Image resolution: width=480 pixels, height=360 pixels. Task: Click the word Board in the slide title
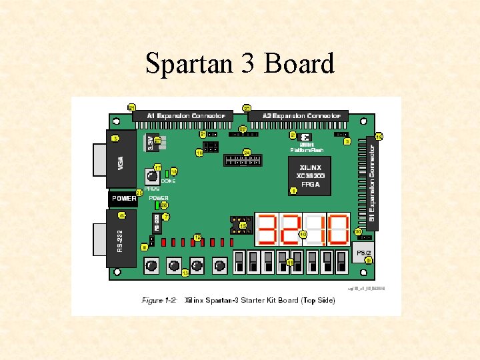point(299,65)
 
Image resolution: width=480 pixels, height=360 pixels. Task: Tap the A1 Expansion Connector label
point(182,116)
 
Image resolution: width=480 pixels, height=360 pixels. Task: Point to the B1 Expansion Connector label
point(372,180)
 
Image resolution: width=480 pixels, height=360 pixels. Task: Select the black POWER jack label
point(123,199)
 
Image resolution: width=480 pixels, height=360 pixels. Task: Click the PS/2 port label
point(363,253)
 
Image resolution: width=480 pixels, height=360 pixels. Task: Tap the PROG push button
point(153,177)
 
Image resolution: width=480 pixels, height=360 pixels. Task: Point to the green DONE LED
point(167,175)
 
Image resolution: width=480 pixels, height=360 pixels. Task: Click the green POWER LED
point(158,205)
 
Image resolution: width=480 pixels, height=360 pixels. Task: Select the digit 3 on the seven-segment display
point(267,230)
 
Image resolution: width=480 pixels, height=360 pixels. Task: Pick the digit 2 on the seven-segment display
point(291,230)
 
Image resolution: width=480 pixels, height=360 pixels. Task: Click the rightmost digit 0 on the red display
point(337,230)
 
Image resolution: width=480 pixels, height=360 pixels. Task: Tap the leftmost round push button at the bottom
point(152,266)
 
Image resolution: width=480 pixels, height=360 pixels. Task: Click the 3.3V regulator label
point(149,142)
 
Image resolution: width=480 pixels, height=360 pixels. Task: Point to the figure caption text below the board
point(238,301)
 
